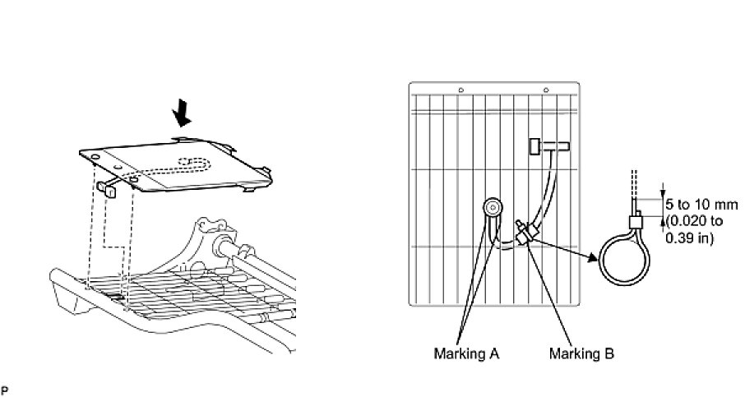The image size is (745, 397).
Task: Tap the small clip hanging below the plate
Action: tap(110, 188)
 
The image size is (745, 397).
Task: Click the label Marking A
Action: tap(466, 354)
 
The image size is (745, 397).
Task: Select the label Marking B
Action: tap(581, 354)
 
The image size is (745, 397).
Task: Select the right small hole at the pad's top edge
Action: tap(546, 89)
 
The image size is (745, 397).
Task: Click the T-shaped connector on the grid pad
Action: tap(544, 147)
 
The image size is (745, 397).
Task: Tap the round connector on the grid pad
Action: tap(493, 208)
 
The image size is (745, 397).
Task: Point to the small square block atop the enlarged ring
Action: tap(636, 222)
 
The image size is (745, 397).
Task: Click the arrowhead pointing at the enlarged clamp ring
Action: tap(591, 256)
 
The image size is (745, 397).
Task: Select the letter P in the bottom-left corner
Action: tap(4, 388)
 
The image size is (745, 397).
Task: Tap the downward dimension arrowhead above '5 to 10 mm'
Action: tap(663, 193)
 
